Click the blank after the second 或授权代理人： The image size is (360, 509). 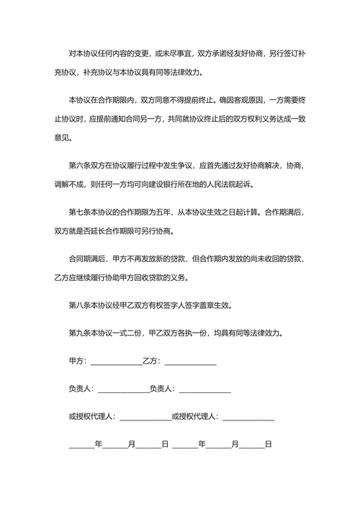click(249, 418)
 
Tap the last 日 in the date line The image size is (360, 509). click(268, 444)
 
